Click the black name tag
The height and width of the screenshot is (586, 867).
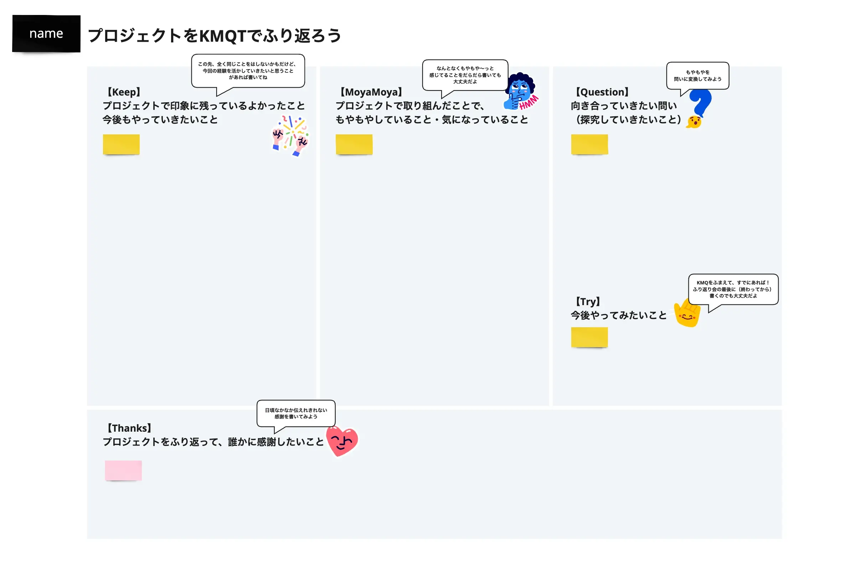(x=46, y=34)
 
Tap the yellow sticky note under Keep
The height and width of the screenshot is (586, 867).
(x=121, y=144)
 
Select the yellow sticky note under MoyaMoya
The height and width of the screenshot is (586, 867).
(x=354, y=144)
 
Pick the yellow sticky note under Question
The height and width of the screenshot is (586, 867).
(x=589, y=144)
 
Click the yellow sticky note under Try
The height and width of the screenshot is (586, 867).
(x=589, y=338)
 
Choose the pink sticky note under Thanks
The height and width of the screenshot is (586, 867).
(x=123, y=471)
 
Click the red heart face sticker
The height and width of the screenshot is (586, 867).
(x=342, y=441)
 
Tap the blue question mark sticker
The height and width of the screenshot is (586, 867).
(x=701, y=103)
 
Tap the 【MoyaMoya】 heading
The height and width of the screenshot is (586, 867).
(x=371, y=92)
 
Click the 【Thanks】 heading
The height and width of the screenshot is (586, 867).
(x=129, y=428)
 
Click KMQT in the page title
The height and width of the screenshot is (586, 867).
(x=223, y=36)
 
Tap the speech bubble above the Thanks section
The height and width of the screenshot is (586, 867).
(x=296, y=413)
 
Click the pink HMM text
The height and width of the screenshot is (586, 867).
(x=529, y=102)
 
